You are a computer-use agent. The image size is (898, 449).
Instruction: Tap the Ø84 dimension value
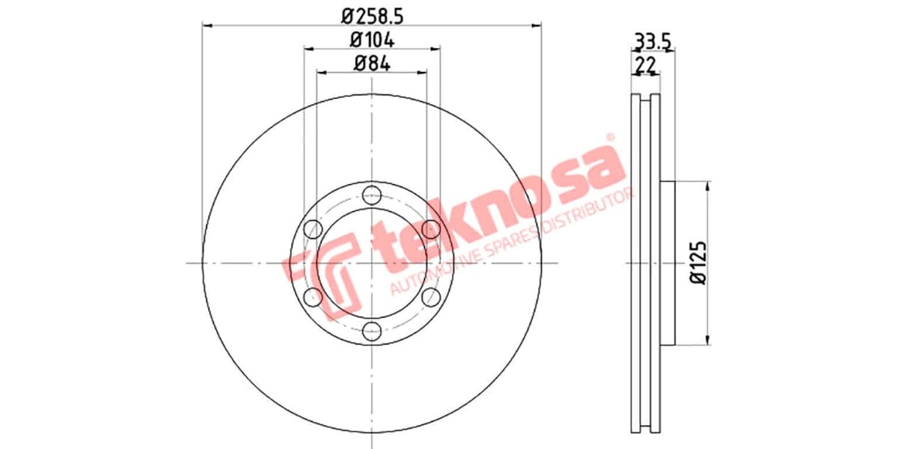pos(372,64)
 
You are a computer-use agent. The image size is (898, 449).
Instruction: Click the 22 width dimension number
pos(645,65)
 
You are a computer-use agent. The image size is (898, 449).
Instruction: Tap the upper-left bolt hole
pos(314,228)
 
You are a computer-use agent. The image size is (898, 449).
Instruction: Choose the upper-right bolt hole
pos(430,228)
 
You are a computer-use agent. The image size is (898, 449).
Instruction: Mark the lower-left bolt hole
pos(314,297)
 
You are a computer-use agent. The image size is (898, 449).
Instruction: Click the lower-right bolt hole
pos(430,297)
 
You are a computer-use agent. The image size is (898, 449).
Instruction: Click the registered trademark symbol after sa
pos(609,138)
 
